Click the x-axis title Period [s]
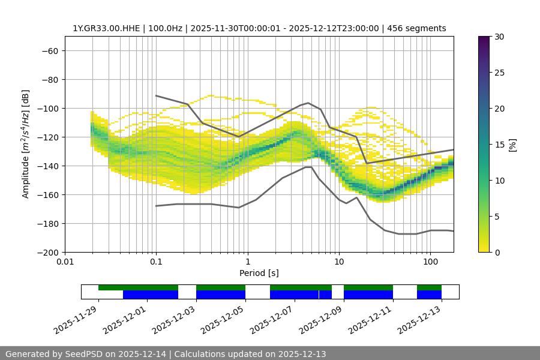[259, 273]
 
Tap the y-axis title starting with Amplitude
[26, 145]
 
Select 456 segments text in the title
[419, 28]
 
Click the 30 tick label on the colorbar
[499, 37]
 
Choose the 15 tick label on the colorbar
[499, 145]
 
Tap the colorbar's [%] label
[512, 145]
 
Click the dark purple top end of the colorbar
[484, 39]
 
